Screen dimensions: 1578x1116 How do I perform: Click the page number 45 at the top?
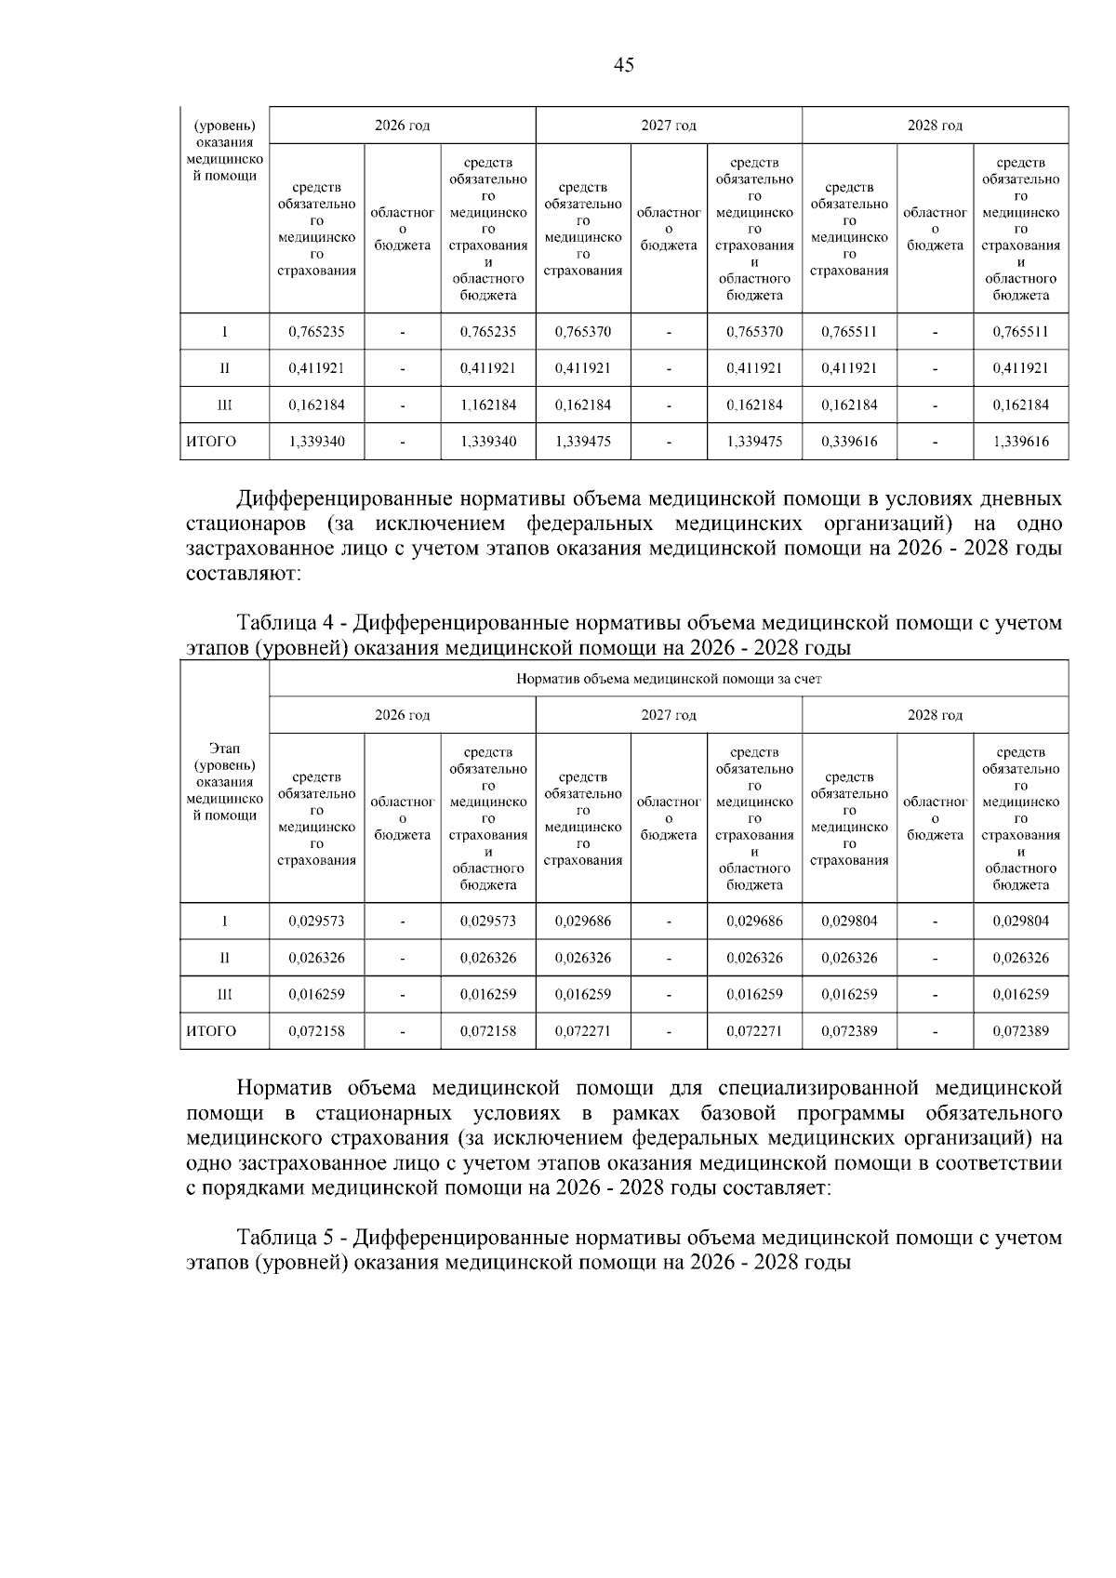(x=624, y=65)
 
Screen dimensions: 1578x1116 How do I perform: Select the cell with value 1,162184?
(x=487, y=405)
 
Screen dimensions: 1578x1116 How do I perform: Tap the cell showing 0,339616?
(x=848, y=442)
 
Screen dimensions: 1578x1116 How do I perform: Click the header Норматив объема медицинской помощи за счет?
(x=668, y=679)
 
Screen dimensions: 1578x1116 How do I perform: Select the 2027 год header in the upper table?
(x=668, y=126)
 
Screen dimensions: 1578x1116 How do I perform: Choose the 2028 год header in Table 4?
(x=934, y=715)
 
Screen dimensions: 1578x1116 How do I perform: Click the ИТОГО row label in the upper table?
(x=212, y=442)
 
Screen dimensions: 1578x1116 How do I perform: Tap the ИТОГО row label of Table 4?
(x=212, y=1031)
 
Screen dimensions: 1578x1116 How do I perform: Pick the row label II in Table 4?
(x=224, y=958)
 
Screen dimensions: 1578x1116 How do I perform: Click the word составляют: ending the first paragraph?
(x=244, y=574)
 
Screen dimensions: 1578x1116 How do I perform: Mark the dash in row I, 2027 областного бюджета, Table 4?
(x=669, y=922)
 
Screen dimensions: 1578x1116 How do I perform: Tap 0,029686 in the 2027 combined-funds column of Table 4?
(x=753, y=922)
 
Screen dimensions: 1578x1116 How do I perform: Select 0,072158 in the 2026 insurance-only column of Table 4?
(x=316, y=1031)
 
